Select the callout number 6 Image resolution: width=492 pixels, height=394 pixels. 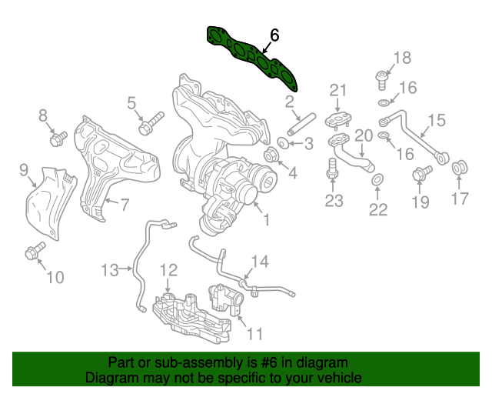[x=274, y=35]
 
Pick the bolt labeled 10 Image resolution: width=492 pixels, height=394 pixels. [x=34, y=251]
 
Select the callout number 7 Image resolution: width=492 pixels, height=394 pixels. [x=125, y=205]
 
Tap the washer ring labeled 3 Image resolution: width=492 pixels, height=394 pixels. [x=282, y=144]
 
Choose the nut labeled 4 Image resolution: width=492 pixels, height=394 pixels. [x=271, y=157]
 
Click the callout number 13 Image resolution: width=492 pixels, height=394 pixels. [x=111, y=270]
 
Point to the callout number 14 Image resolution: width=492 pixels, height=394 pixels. [x=261, y=262]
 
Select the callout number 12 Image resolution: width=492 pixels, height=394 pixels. [x=168, y=270]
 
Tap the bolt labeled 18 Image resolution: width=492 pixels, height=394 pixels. [x=381, y=77]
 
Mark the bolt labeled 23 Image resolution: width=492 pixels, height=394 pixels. [x=332, y=168]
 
